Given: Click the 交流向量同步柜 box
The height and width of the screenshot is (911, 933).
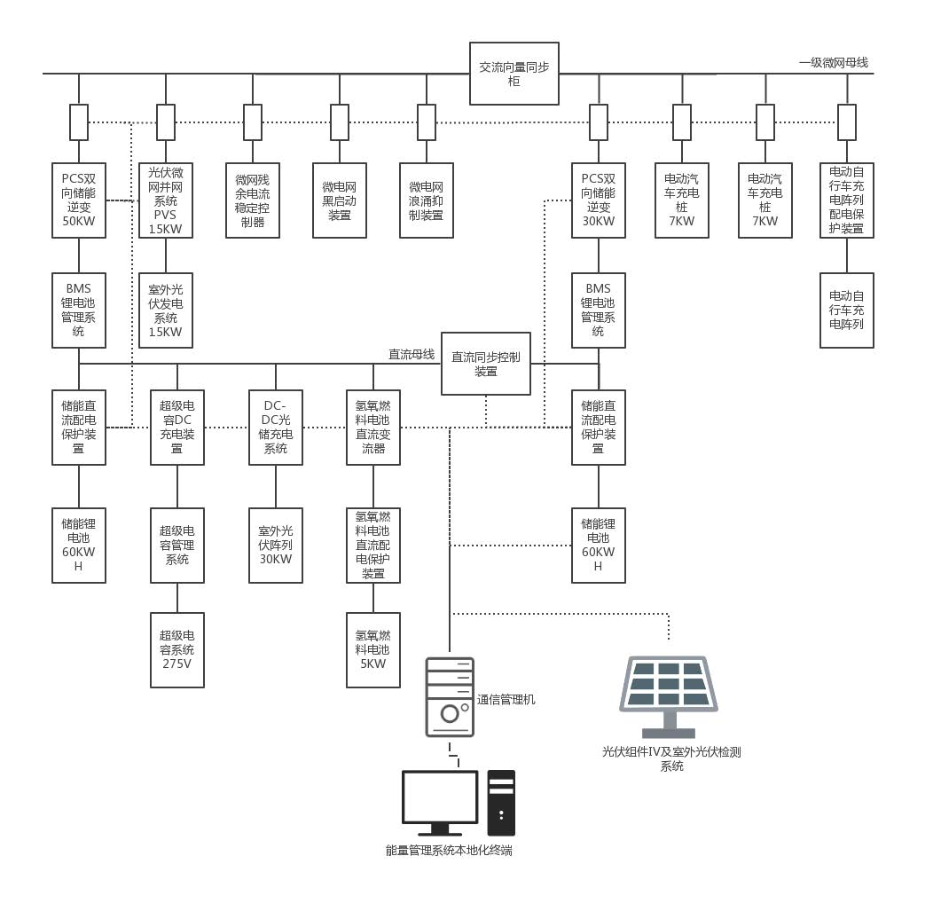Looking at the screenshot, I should coord(514,74).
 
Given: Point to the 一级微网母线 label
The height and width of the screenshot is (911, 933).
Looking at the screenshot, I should coord(833,62).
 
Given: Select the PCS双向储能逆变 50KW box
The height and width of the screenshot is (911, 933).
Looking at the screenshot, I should coord(79,200).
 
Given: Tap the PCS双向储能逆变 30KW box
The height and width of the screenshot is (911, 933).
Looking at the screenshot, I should coord(599,200).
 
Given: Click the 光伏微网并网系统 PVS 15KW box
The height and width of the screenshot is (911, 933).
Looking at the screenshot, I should coord(166,200).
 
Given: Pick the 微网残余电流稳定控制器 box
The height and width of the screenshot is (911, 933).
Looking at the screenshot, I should coord(253,200).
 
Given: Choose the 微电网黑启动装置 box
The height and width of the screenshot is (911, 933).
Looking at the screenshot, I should coord(340,200).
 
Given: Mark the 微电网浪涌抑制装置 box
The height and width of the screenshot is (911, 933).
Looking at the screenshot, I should coord(427,200).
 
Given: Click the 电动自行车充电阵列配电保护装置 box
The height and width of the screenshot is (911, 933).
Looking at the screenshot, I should coord(847,200).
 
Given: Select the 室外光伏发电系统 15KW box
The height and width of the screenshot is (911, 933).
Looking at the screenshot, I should coord(166,310).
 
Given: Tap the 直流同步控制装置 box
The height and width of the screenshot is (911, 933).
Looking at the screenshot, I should coord(486,364).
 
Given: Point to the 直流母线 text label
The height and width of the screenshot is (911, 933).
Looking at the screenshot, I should coord(412,354).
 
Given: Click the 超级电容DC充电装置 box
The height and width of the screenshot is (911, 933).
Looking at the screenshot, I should coord(177,427).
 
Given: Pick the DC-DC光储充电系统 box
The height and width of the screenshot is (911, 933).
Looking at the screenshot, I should coord(276,427).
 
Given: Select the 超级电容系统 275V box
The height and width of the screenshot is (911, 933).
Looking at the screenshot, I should coord(177,649).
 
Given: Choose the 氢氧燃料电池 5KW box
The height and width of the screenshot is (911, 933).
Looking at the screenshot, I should coord(373,649).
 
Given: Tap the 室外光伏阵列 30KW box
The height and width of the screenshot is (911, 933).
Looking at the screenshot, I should coord(276,545).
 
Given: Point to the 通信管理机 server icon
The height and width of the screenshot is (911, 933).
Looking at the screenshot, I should coord(450,697).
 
